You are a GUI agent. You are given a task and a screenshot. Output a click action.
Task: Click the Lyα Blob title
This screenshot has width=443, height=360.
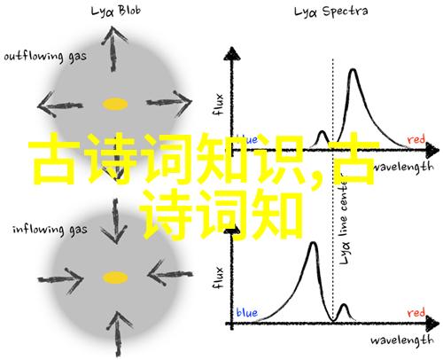pos(115,12)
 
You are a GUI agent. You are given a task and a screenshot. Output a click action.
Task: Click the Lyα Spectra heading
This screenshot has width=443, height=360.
pos(330,12)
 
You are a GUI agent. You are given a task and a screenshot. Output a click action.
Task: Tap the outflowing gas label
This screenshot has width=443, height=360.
pos(45,56)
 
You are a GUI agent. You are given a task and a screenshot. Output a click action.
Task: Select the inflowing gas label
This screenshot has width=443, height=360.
pos(50,230)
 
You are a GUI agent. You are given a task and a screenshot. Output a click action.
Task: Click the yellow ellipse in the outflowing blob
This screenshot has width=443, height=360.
pos(115,104)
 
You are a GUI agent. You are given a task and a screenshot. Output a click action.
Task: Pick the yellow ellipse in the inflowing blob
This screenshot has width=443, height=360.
pos(115,278)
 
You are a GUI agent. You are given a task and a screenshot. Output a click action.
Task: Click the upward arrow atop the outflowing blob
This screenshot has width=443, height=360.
pos(113,49)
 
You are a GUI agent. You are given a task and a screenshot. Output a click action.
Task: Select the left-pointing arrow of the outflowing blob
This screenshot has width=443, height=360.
pos(60,105)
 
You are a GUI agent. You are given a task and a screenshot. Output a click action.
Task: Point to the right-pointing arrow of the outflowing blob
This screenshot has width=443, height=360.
pos(169,104)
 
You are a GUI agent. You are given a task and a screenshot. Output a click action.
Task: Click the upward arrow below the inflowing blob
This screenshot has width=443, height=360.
pos(118,333)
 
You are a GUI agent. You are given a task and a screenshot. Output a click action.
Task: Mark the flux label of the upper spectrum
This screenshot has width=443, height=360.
pos(219,105)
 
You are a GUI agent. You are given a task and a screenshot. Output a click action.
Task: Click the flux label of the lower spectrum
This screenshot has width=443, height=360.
pos(219,278)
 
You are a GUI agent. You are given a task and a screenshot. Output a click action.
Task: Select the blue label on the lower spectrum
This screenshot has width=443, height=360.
pos(247,313)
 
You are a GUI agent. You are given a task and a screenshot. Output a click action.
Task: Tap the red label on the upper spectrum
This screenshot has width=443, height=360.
pos(416,139)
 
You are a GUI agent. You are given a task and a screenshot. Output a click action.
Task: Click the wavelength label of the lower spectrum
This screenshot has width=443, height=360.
pos(402,340)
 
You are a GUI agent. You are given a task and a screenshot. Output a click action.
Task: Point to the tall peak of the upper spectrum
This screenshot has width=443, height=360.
pos(353,70)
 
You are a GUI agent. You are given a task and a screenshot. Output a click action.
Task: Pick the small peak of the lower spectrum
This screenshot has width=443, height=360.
pos(344,304)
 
